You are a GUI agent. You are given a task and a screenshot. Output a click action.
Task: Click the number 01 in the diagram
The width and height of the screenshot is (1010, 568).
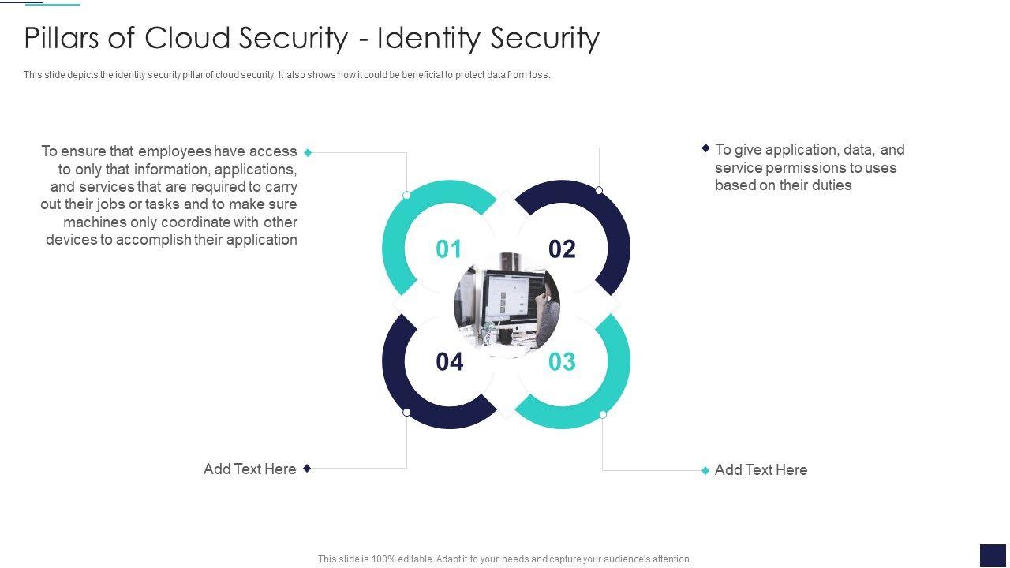[x=448, y=249]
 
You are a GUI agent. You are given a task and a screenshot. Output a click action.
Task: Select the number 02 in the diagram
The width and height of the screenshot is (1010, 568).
[x=562, y=249]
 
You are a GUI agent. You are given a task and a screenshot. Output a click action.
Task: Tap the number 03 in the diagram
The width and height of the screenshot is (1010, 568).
[x=562, y=362]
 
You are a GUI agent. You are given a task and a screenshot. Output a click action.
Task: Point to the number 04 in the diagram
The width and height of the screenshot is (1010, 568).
[x=449, y=362]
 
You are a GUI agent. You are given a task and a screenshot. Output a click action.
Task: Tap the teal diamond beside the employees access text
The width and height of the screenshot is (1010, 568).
[x=308, y=152]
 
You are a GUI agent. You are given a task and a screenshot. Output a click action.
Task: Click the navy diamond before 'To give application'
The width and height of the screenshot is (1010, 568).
[x=706, y=148]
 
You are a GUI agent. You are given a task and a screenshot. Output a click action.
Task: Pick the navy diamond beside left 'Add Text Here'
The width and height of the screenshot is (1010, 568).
[x=307, y=468]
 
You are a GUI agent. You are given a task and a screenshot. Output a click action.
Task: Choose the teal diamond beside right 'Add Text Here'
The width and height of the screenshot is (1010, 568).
[x=705, y=470]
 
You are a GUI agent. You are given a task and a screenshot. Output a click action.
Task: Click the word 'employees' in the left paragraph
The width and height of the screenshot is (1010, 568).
[x=174, y=151]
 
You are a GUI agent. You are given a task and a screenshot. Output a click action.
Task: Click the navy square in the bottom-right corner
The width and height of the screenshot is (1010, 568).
[x=993, y=555]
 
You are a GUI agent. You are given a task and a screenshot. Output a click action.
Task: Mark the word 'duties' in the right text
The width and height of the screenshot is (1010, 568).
[x=831, y=185]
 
